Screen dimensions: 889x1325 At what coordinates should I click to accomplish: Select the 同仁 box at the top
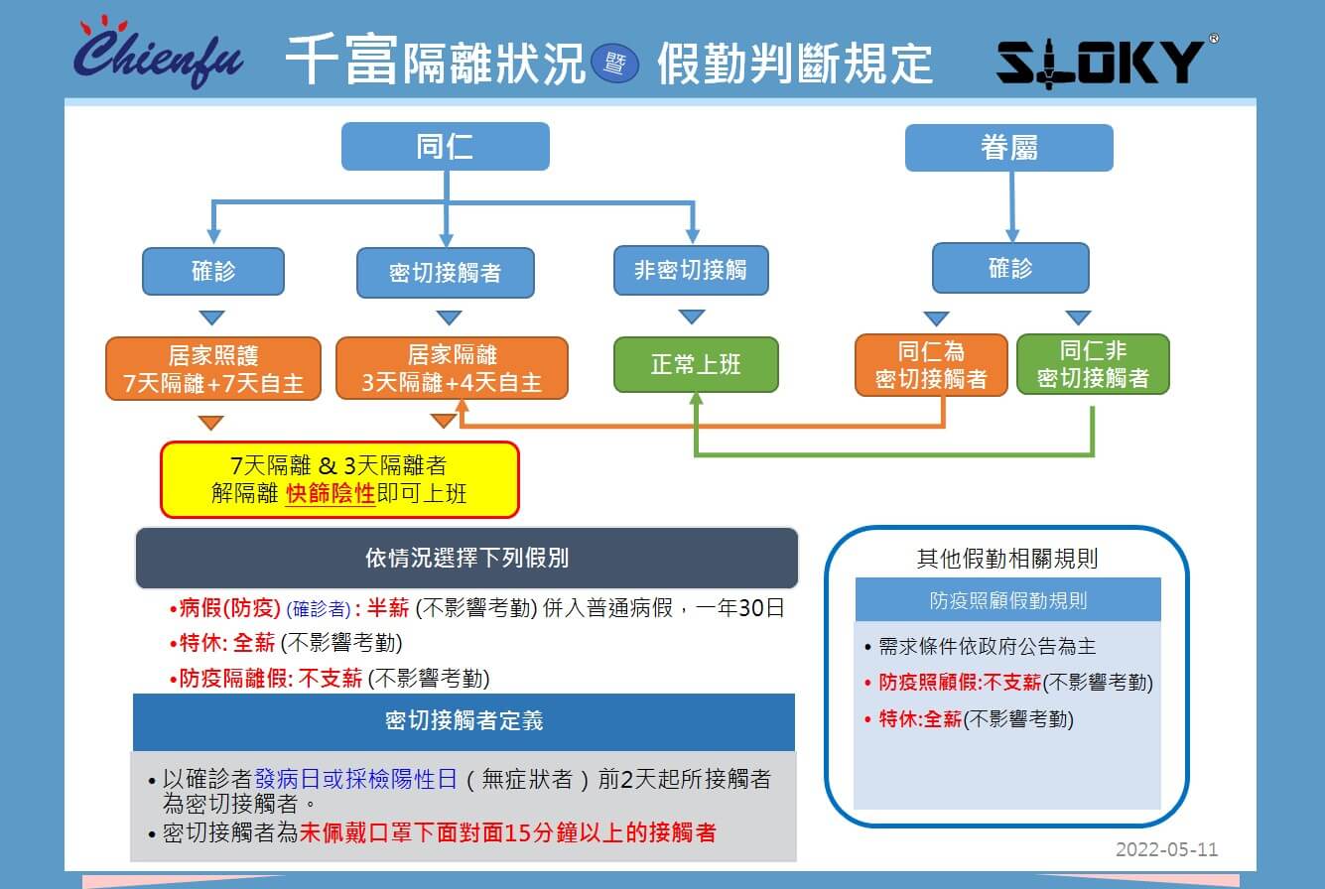[445, 147]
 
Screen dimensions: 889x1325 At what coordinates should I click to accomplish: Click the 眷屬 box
[1008, 148]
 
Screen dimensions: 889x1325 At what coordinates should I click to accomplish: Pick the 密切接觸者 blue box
[446, 273]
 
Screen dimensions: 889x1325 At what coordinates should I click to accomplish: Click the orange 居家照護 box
[213, 369]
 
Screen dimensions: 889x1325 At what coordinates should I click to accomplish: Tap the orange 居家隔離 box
[452, 369]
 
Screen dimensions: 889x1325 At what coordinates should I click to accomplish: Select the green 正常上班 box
[695, 365]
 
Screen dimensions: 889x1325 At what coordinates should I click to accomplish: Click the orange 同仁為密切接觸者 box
[930, 365]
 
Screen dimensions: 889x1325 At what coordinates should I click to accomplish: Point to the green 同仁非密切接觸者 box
[1093, 364]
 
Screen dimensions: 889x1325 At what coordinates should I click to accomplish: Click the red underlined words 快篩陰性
[331, 493]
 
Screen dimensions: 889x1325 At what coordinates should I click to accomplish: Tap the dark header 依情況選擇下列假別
[466, 558]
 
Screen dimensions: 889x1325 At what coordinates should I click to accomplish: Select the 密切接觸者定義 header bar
[464, 721]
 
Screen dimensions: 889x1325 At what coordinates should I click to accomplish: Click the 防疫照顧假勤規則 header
[1007, 600]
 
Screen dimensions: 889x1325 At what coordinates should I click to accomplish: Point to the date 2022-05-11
[1166, 849]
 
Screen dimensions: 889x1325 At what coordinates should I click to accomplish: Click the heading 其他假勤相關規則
[1006, 559]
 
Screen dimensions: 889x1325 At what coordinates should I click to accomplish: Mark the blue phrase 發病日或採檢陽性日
[355, 779]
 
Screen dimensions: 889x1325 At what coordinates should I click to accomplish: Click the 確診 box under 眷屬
[1009, 268]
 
